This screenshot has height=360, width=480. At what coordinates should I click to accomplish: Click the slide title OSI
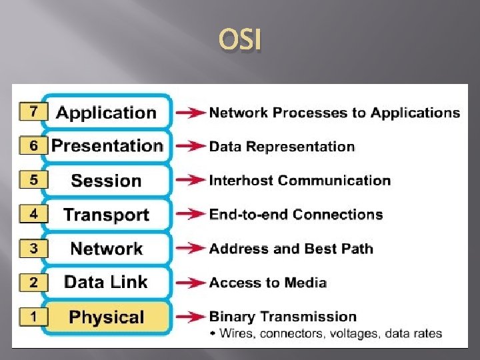(240, 42)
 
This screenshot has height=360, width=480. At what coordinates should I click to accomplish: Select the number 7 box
(33, 111)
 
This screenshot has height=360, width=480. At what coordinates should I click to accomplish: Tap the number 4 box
(33, 214)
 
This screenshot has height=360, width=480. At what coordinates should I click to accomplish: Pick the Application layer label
(106, 113)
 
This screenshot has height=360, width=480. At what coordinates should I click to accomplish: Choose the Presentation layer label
(107, 146)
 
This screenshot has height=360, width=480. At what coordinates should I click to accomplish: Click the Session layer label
(106, 181)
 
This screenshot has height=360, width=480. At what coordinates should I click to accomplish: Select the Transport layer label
(106, 215)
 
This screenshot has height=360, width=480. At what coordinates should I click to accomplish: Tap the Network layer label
(106, 249)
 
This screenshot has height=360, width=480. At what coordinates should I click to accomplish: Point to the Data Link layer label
(106, 282)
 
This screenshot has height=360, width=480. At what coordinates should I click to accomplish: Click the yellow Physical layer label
(106, 317)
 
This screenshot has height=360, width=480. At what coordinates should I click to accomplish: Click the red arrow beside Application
(190, 113)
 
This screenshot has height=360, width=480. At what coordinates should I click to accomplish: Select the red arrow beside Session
(190, 180)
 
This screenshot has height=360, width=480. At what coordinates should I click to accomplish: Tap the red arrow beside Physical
(190, 317)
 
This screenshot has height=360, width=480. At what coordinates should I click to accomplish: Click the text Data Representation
(281, 147)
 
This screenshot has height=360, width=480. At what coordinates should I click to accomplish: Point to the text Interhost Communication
(299, 181)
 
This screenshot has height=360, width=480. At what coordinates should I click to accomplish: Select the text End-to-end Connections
(295, 215)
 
